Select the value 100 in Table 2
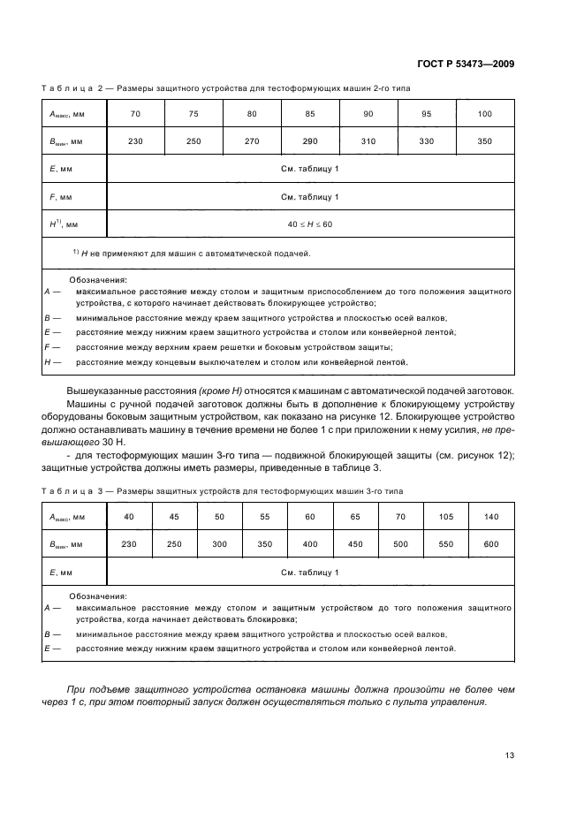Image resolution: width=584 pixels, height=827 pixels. pyautogui.click(x=485, y=113)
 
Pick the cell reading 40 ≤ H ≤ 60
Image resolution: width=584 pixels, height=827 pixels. pyautogui.click(x=310, y=224)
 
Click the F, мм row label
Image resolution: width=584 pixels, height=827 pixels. pyautogui.click(x=59, y=196)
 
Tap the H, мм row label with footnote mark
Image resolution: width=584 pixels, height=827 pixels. pyautogui.click(x=63, y=224)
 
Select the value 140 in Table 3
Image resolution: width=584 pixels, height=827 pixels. pyautogui.click(x=490, y=516)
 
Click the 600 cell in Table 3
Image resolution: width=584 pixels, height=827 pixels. pyautogui.click(x=490, y=544)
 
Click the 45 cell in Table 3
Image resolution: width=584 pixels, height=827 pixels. pyautogui.click(x=174, y=516)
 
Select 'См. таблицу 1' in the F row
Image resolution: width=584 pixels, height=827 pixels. pyautogui.click(x=310, y=196)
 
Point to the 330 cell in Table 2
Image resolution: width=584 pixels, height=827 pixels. pyautogui.click(x=427, y=141)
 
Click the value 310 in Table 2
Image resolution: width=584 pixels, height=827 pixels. pyautogui.click(x=368, y=141)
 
